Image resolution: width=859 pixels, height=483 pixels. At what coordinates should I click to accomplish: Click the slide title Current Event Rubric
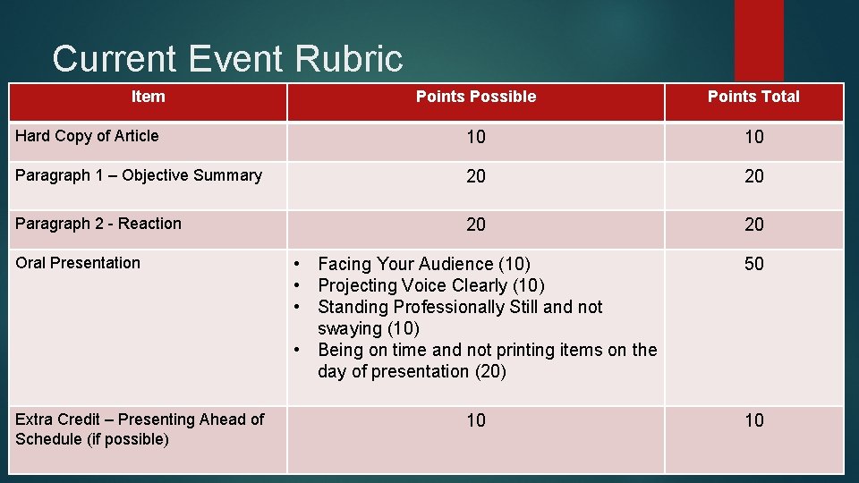(227, 59)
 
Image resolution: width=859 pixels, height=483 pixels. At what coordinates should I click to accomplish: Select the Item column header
(148, 97)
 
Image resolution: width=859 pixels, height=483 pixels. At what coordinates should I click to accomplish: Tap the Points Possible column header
(476, 97)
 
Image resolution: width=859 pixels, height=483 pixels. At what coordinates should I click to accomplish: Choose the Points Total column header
(753, 97)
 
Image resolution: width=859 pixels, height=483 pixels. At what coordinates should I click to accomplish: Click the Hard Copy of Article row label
(87, 136)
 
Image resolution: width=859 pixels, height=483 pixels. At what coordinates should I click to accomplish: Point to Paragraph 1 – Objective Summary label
(139, 175)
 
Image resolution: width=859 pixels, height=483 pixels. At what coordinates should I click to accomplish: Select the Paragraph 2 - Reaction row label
(98, 224)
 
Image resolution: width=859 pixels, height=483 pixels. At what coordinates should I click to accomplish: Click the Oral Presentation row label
(78, 263)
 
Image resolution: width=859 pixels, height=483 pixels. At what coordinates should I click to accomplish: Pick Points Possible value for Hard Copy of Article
(476, 137)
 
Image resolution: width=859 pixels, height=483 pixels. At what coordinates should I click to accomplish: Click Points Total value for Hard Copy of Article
(754, 137)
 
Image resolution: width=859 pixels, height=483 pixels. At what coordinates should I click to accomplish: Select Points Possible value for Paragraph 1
(476, 176)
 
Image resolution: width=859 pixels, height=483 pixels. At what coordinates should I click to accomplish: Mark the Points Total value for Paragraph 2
(754, 225)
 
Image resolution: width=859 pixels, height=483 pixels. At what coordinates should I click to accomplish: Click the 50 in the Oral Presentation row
(754, 264)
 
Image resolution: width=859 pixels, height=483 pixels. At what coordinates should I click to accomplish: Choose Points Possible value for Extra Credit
(476, 420)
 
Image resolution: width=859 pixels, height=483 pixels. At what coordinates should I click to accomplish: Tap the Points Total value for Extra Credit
(754, 420)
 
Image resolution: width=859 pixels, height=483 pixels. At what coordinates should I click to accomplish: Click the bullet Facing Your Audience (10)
(423, 264)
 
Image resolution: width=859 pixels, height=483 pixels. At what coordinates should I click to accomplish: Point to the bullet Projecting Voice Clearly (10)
(431, 285)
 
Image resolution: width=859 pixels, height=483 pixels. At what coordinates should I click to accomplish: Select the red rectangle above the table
(759, 39)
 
